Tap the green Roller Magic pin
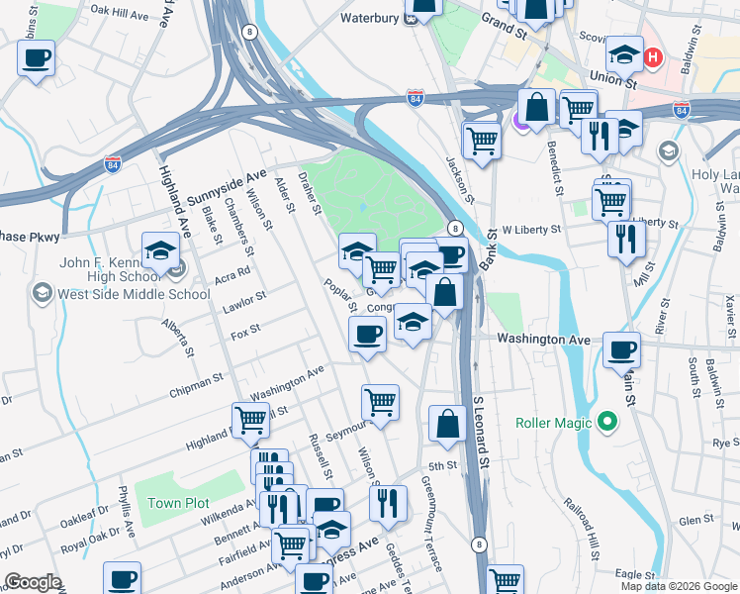pyautogui.click(x=608, y=424)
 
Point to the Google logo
pyautogui.click(x=33, y=582)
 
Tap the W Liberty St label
pyautogui.click(x=531, y=229)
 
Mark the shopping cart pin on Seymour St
pyautogui.click(x=380, y=401)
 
